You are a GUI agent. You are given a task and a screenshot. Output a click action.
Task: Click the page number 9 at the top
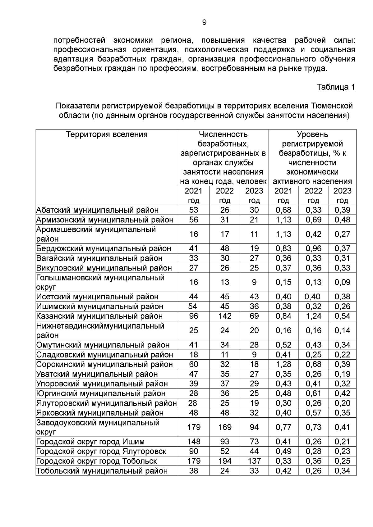(x=204, y=22)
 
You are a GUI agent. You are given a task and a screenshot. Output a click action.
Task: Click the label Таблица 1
(x=336, y=87)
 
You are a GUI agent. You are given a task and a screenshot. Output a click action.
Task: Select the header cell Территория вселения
(x=107, y=134)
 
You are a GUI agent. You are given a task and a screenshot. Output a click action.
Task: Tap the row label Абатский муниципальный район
(x=97, y=210)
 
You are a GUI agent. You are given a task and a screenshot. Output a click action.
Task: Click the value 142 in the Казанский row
(x=225, y=316)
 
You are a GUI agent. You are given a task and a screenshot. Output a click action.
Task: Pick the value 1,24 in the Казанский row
(x=313, y=316)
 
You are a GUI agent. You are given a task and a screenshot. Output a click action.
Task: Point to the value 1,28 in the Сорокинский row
(x=283, y=364)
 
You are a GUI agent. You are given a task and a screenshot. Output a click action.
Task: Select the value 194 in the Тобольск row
(x=225, y=461)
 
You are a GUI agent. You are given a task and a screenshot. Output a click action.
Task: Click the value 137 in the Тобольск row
(x=254, y=461)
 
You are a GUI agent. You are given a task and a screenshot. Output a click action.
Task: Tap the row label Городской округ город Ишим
(x=90, y=442)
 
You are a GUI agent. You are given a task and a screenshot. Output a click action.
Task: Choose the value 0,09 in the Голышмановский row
(x=342, y=282)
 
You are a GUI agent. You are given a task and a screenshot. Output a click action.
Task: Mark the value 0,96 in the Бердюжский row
(x=313, y=248)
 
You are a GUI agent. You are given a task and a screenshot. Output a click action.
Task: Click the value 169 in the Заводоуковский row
(x=225, y=427)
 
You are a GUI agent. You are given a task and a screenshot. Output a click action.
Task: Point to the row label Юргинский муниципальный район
(x=101, y=393)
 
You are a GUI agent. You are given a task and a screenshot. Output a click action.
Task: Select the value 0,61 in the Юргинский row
(x=313, y=393)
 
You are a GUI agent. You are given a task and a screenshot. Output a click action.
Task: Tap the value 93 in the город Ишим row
(x=225, y=442)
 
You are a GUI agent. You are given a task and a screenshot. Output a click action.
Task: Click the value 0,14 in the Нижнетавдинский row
(x=342, y=330)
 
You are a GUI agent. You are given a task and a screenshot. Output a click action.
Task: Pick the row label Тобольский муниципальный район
(x=102, y=471)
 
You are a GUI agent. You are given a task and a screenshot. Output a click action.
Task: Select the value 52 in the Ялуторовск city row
(x=225, y=451)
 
